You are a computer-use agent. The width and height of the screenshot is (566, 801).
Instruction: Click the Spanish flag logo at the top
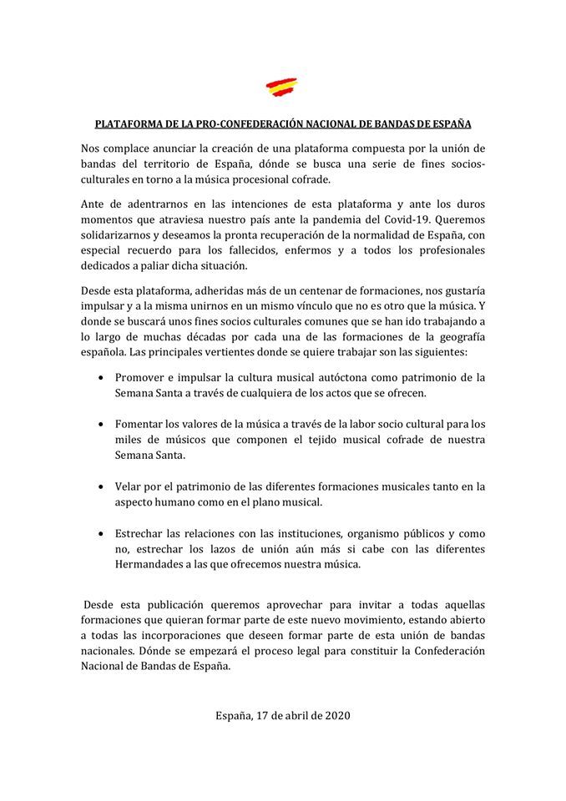point(282,86)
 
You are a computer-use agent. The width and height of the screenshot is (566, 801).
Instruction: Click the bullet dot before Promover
point(102,377)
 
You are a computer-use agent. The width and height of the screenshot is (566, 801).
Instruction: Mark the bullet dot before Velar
point(102,486)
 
